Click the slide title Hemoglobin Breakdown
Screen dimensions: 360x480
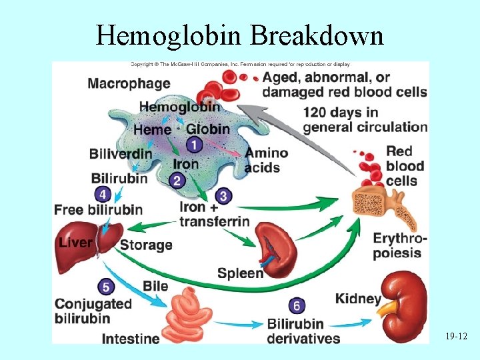click(240, 35)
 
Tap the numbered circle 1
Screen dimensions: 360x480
click(194, 145)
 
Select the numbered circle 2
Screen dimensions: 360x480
click(177, 179)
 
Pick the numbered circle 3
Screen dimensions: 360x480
click(223, 195)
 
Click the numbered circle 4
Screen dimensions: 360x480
click(103, 195)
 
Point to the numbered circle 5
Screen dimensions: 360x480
click(106, 287)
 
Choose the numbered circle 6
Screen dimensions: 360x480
click(297, 306)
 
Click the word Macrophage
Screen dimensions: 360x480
click(129, 84)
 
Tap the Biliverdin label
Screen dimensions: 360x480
click(120, 154)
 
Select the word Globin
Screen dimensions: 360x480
click(208, 129)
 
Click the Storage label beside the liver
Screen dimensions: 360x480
click(146, 245)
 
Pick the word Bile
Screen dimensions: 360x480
click(155, 286)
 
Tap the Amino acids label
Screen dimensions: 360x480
click(266, 160)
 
